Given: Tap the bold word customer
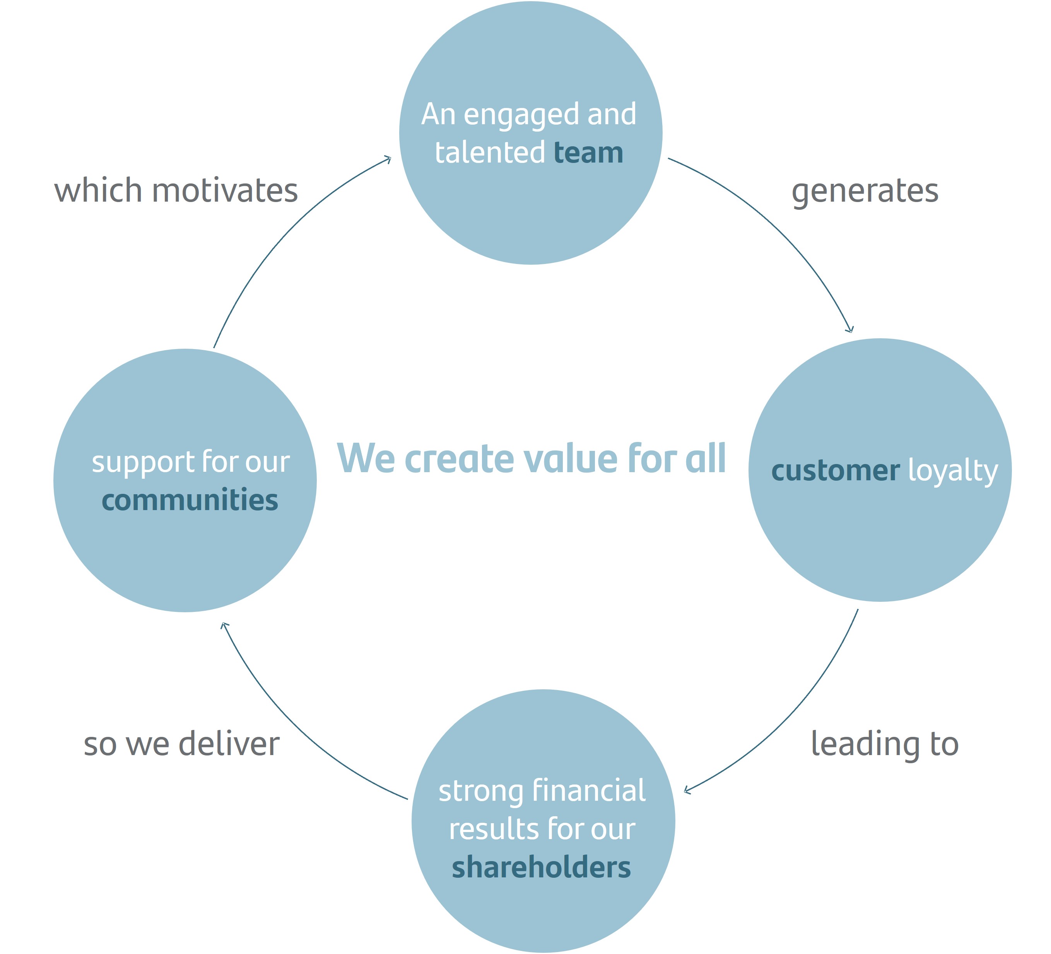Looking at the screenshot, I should tap(835, 471).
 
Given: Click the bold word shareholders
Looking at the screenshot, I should tap(541, 867).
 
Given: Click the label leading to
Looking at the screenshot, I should tap(885, 744).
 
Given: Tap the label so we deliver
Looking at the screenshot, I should tap(181, 744).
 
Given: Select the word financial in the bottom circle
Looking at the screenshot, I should tap(589, 790).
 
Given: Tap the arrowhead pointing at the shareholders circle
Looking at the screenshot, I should tap(687, 791).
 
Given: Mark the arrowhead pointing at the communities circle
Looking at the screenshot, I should tap(225, 625).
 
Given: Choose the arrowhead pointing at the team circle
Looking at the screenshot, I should tap(388, 159).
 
